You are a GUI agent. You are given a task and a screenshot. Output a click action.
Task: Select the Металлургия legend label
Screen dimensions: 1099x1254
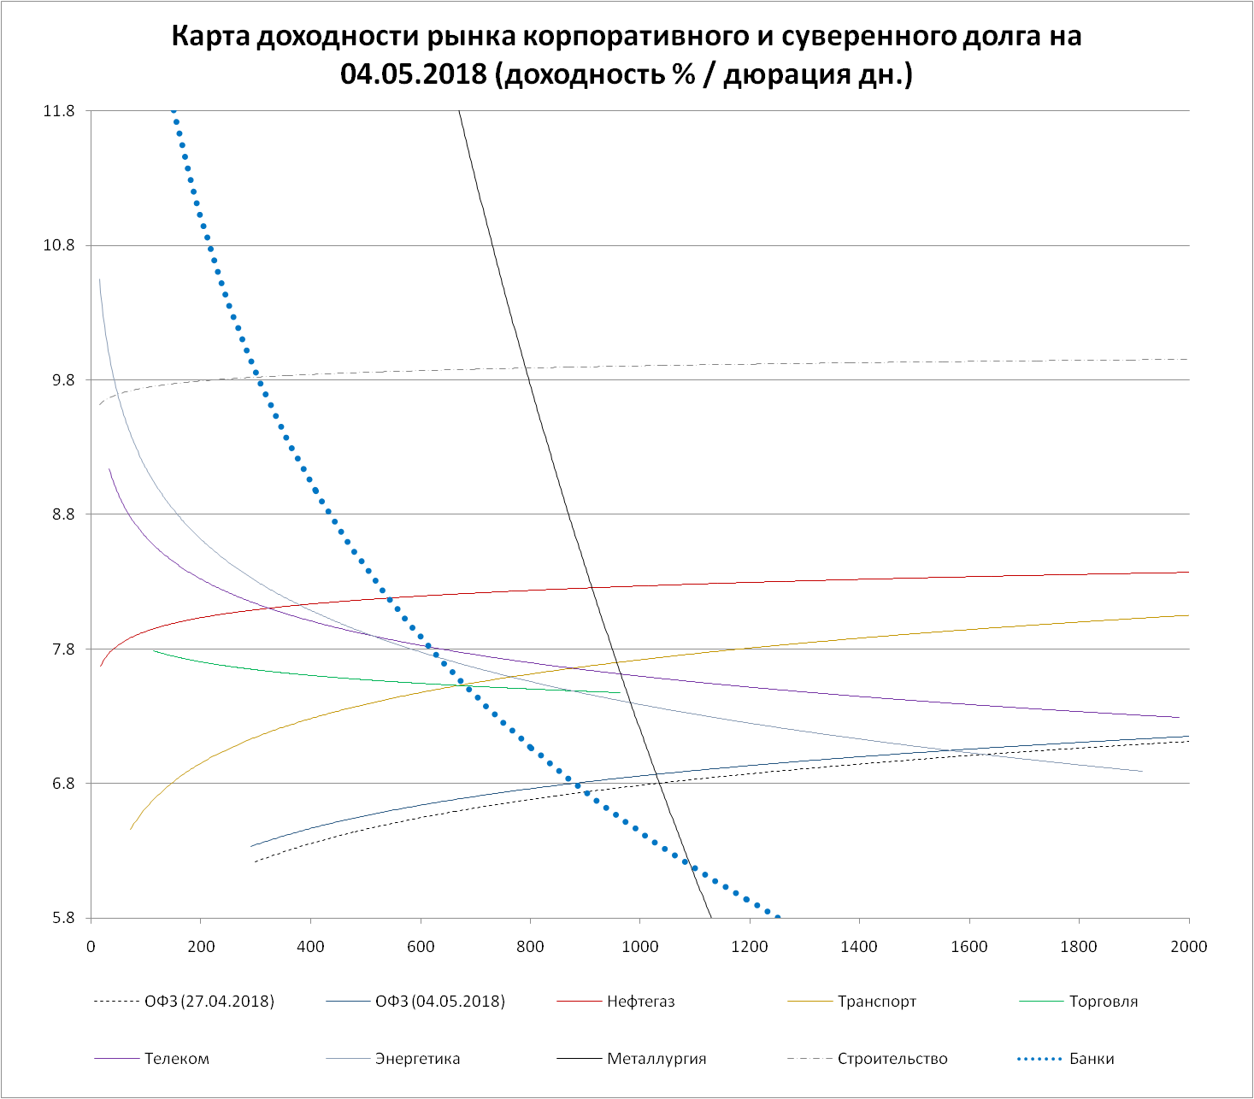point(656,1059)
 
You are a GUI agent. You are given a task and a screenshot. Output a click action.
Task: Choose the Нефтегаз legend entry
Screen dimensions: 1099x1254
point(641,1002)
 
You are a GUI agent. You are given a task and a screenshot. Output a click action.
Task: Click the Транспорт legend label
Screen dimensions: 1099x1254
point(877,1002)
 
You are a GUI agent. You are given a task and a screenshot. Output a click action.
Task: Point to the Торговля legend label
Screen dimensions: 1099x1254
point(1104,1002)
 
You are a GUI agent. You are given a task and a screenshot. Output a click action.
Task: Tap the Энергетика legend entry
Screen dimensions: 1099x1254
point(417,1059)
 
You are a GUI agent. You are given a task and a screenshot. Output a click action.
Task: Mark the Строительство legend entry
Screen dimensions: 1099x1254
point(892,1059)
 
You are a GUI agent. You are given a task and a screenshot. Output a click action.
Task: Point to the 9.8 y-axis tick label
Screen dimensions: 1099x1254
point(62,380)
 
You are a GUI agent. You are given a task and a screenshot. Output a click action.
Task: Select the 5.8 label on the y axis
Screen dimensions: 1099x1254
point(62,919)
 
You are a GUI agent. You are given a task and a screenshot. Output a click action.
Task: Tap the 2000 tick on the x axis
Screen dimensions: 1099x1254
point(1188,946)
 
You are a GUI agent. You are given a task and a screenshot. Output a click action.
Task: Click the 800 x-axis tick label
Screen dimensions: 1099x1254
point(530,946)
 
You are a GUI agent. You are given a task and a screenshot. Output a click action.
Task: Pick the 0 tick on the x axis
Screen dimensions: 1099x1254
point(91,946)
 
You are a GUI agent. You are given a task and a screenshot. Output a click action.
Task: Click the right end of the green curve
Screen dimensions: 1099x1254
point(621,693)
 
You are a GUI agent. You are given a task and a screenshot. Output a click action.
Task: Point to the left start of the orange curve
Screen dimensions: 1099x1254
point(131,829)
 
